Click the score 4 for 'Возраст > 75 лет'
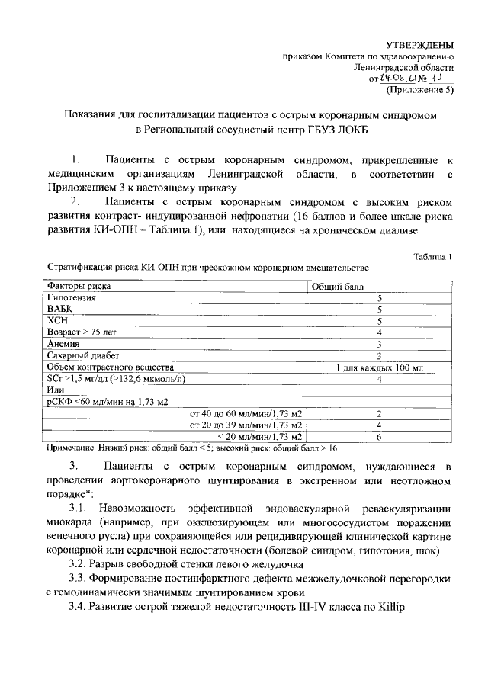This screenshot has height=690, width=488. [379, 332]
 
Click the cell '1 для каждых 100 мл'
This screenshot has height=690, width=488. [379, 367]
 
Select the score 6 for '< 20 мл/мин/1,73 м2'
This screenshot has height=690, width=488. [379, 437]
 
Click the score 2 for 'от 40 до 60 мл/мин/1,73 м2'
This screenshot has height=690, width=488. [379, 413]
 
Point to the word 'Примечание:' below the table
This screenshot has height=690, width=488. [73, 449]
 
